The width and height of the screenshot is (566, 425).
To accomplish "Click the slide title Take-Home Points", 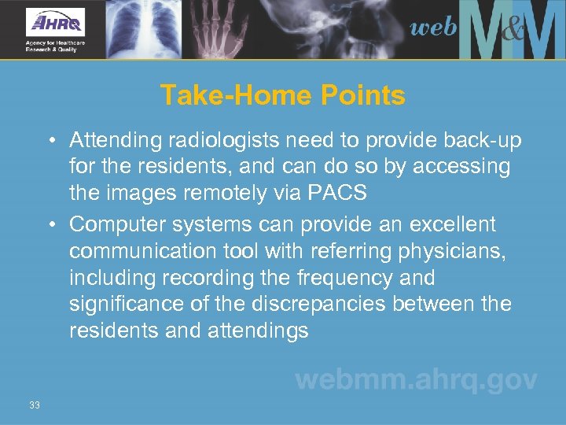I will [x=283, y=96].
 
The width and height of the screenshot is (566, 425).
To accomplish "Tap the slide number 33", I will [x=34, y=405].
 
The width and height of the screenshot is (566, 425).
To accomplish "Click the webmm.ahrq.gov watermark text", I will [x=416, y=381].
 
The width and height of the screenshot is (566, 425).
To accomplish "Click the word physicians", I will [x=449, y=251].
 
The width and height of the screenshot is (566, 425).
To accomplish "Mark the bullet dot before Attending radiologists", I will [x=50, y=141].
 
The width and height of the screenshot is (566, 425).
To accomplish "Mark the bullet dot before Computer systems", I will [x=50, y=225].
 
